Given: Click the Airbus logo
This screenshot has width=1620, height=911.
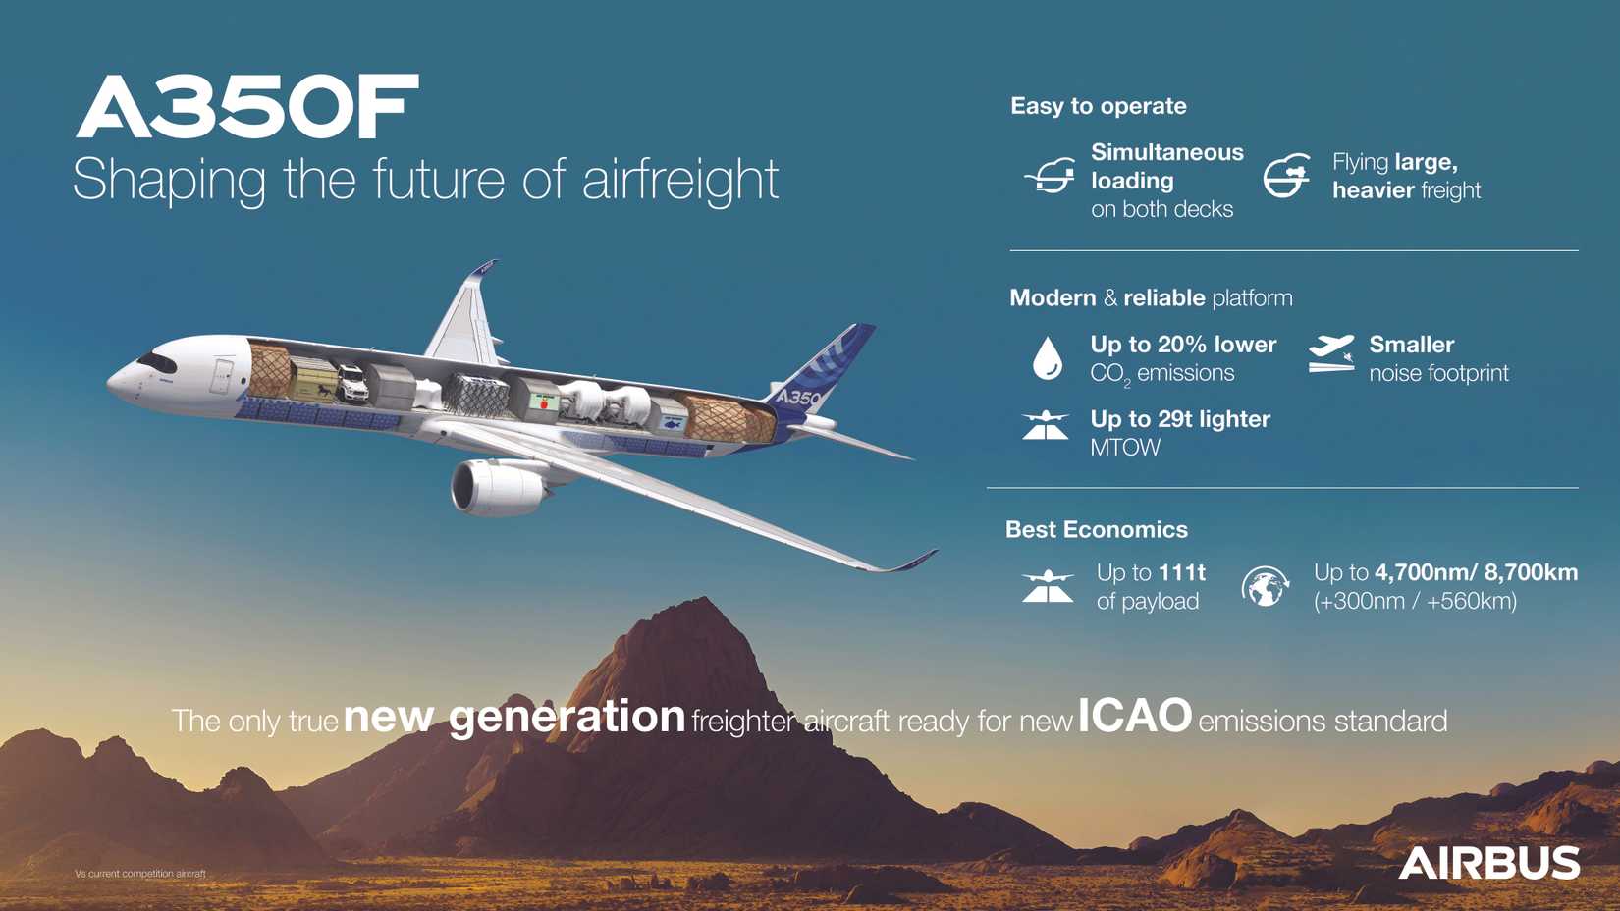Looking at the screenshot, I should [1488, 864].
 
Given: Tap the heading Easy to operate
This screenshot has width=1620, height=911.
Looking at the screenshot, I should [1098, 106].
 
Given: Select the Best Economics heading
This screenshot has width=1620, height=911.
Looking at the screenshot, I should [1096, 530].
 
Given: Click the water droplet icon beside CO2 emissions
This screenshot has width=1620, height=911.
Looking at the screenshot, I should [1048, 357].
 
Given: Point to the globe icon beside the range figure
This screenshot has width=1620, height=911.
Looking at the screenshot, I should [1265, 587].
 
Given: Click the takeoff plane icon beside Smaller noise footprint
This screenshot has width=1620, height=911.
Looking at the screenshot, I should [1330, 353].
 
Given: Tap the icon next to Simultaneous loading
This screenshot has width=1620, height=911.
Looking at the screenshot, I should [1049, 177].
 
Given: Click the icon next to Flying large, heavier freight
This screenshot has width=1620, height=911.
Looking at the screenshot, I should [1286, 177].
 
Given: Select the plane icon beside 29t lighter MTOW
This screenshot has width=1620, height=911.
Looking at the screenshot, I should [1045, 426].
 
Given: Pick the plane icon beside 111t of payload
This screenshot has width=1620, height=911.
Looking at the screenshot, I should [1048, 586].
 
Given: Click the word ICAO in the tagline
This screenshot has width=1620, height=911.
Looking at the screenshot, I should [1134, 717].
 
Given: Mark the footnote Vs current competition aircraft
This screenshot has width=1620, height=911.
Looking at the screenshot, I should [140, 873].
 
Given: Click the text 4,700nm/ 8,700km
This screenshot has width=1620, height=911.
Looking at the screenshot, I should [1476, 572].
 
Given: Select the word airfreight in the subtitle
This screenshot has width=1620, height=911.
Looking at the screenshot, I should [680, 180].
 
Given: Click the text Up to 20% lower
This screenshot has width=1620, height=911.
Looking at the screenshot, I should [1183, 345].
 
